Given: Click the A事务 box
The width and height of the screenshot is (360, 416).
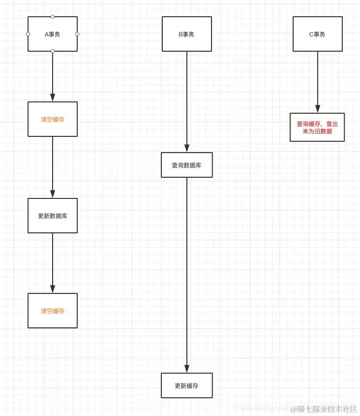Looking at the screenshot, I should point(53,34).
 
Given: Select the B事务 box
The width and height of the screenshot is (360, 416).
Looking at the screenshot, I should point(187,34).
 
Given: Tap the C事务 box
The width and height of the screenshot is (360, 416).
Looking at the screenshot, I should point(318,34).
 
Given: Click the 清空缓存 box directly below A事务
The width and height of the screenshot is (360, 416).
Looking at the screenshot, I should point(53,119).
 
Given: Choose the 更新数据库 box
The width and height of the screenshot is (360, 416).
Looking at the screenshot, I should point(53,216).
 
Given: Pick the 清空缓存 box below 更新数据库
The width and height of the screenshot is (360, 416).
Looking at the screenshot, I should point(53,311).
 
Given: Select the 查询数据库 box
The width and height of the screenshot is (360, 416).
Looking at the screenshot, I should point(187,165).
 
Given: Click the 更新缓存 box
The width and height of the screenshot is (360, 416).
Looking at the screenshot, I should point(187,385).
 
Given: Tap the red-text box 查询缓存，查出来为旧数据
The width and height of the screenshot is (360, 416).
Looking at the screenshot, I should point(317,128).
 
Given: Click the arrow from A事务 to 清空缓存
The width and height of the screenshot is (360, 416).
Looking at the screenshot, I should point(53,76).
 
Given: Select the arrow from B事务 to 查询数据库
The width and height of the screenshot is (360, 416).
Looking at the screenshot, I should point(187,101).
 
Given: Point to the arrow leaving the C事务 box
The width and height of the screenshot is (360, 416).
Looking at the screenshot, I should point(318,82).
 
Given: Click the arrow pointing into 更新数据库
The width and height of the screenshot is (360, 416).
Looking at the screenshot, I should point(53,167).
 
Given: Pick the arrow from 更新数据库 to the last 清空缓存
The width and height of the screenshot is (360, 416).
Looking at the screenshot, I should point(53,263).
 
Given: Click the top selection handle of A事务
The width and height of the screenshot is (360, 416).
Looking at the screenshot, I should point(53,17).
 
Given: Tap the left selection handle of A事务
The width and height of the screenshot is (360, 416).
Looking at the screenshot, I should point(28,34).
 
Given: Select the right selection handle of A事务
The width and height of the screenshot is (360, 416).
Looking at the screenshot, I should point(77,34).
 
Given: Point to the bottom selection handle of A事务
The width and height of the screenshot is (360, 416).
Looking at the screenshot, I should point(53,51).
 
